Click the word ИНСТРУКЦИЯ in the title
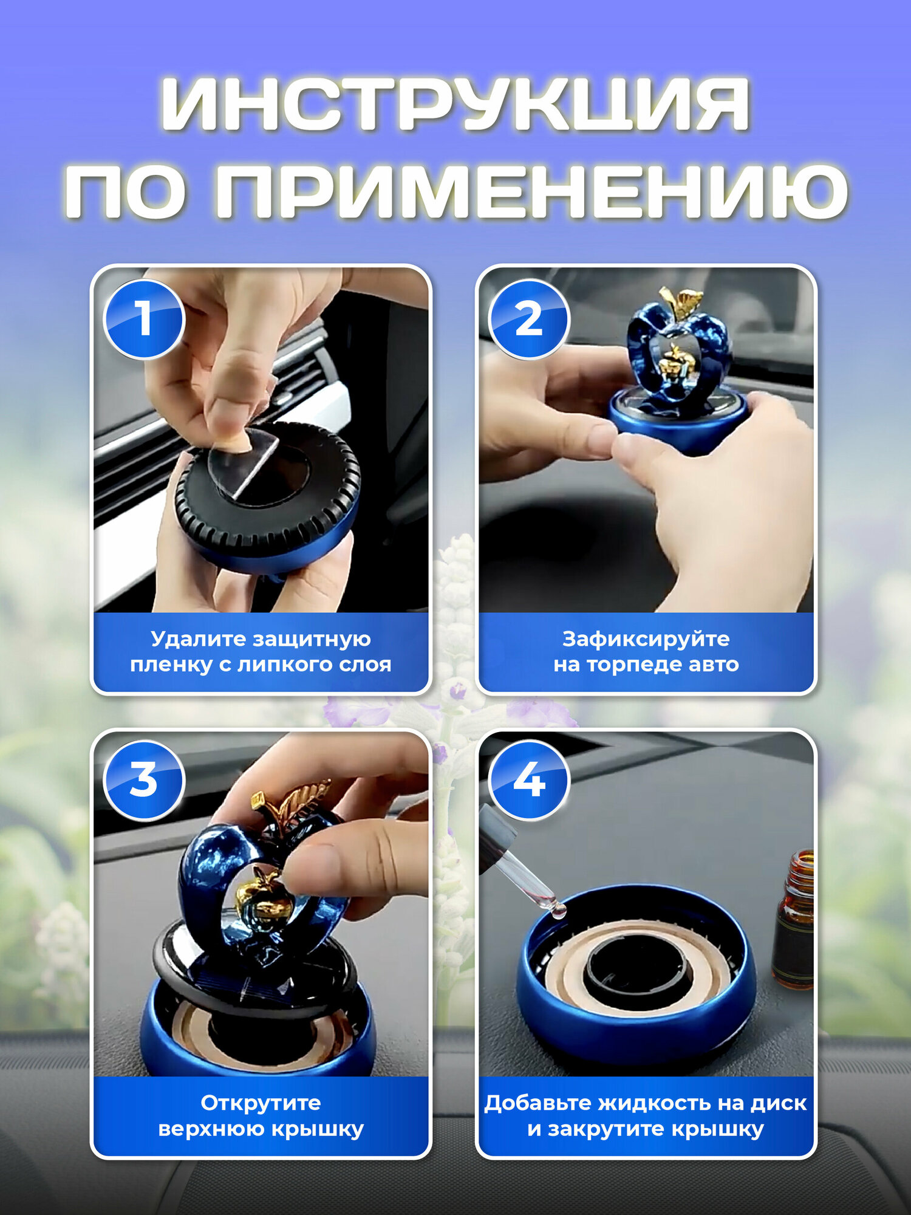tap(455, 104)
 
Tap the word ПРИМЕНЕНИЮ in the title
tap(531, 191)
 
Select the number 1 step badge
tap(144, 319)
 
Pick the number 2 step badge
tap(529, 319)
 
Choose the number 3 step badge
tap(144, 780)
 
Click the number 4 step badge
tap(529, 780)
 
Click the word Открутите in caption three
tap(261, 1103)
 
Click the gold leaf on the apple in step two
tap(683, 302)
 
